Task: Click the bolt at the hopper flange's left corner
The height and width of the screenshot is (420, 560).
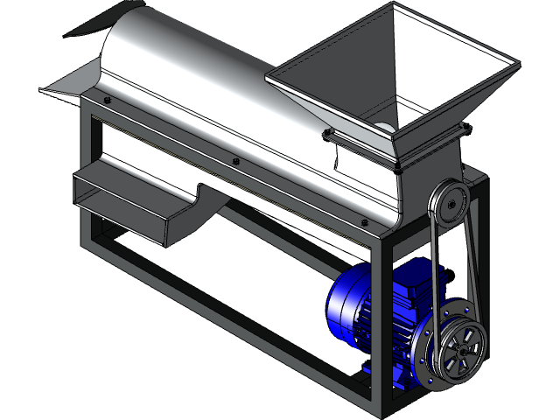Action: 328,132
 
